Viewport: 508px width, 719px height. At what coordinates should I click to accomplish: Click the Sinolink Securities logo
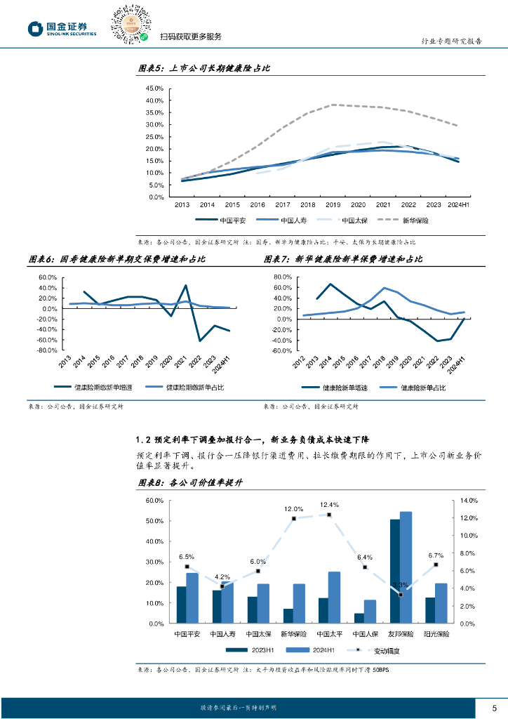point(61,28)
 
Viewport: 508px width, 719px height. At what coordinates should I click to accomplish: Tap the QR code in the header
point(131,25)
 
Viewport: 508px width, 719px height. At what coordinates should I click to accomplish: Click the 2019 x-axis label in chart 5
point(333,204)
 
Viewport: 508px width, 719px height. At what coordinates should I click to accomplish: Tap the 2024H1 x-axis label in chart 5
point(458,204)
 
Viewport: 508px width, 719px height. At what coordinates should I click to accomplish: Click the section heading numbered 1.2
point(256,440)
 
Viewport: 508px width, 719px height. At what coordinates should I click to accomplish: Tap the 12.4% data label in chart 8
point(329,505)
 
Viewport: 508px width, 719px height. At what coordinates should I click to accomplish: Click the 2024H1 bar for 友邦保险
point(406,567)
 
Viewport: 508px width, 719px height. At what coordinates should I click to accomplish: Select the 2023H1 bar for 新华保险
point(288,615)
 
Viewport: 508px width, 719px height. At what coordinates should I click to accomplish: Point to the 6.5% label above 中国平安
point(187,556)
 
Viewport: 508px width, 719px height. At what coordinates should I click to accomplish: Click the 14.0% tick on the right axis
point(469,501)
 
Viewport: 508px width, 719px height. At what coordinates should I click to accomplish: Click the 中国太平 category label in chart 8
point(328,633)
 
